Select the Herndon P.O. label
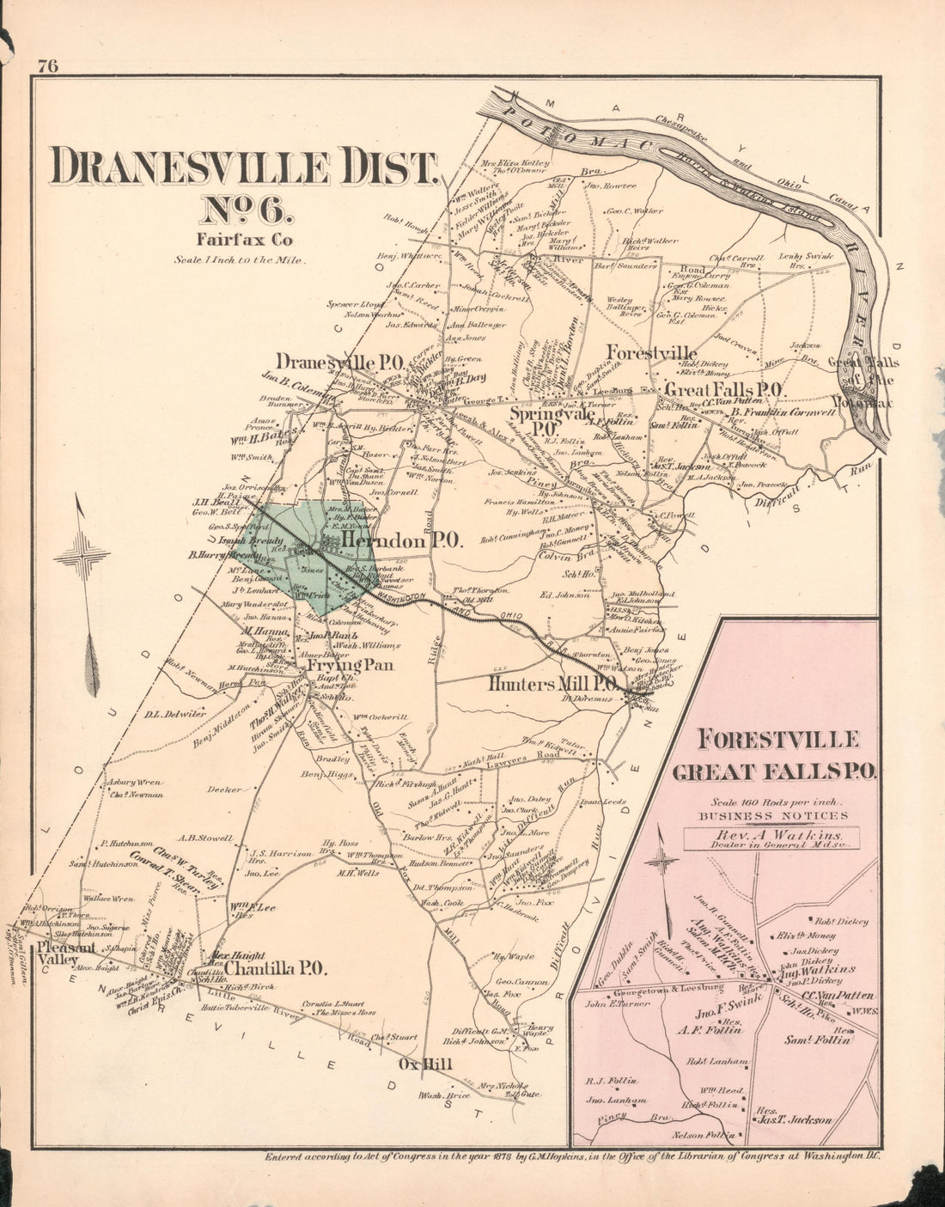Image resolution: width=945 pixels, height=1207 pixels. coord(402,540)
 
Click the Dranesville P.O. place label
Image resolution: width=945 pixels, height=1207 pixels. coord(340,363)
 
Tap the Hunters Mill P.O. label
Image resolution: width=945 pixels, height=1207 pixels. coord(552,684)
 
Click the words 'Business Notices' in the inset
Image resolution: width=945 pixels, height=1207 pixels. coord(773,815)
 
